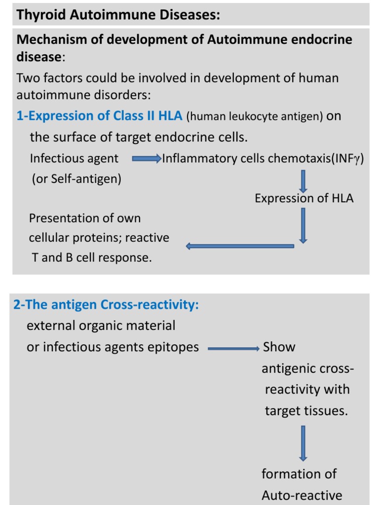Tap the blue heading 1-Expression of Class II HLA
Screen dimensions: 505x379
pyautogui.click(x=99, y=116)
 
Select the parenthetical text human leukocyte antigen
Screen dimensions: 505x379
pyautogui.click(x=255, y=116)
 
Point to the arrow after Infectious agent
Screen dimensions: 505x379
pyautogui.click(x=147, y=159)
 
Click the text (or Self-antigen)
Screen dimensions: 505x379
pyautogui.click(x=76, y=179)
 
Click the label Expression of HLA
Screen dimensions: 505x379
pyautogui.click(x=304, y=198)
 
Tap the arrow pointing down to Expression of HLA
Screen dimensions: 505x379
pyautogui.click(x=303, y=181)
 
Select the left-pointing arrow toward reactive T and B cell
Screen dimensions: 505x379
pyautogui.click(x=239, y=246)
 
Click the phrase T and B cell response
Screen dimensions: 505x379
pyautogui.click(x=92, y=257)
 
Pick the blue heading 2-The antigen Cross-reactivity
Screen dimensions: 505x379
pyautogui.click(x=106, y=305)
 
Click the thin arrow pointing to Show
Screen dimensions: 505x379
pyautogui.click(x=233, y=349)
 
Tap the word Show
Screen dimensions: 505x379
pyautogui.click(x=279, y=347)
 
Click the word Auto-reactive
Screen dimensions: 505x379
pyautogui.click(x=302, y=495)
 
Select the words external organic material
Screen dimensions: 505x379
pyautogui.click(x=101, y=325)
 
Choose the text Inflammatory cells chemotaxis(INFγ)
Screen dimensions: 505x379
pyautogui.click(x=263, y=159)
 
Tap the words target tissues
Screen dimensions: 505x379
pyautogui.click(x=306, y=411)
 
